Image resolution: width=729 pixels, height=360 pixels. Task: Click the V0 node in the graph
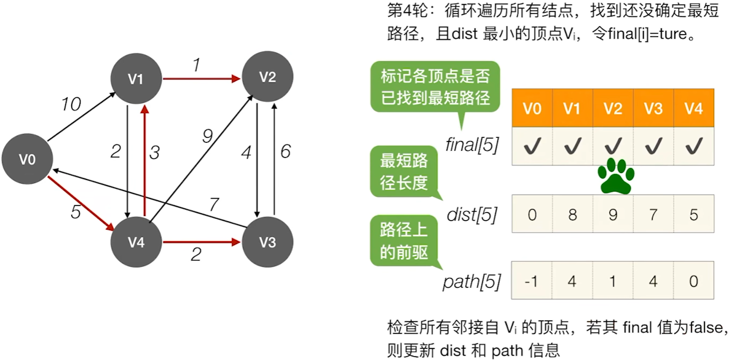coord(28,159)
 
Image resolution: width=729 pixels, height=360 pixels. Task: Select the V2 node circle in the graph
coord(268,77)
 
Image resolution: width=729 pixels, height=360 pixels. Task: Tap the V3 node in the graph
coord(268,242)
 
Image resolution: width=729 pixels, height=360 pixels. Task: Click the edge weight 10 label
coord(71,104)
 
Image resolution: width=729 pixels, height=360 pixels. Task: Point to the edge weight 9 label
coord(207,136)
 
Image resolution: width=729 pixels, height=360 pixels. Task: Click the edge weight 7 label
coord(214,205)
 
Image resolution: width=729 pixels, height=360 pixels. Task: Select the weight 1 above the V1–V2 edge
coord(196,65)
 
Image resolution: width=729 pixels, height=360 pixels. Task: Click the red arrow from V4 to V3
coord(202,242)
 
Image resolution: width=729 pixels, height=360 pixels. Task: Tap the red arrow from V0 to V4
coord(81,204)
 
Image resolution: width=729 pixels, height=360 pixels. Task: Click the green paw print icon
coord(616,176)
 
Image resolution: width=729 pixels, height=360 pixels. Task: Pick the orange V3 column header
coord(653,108)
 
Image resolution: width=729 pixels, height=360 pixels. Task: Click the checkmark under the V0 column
coord(532,146)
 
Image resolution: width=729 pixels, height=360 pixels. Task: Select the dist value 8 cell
coord(573,214)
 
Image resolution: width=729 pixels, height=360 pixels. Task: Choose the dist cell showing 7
coord(653,214)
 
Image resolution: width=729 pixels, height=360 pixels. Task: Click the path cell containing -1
coord(532,280)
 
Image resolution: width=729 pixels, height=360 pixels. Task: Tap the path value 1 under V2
coord(613,281)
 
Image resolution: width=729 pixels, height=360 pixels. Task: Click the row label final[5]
coord(472,145)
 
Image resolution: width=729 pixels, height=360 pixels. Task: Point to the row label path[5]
coord(472,282)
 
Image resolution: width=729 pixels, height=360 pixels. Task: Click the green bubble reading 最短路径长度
coord(404,171)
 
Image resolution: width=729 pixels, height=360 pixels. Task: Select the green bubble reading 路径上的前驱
coord(404,241)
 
